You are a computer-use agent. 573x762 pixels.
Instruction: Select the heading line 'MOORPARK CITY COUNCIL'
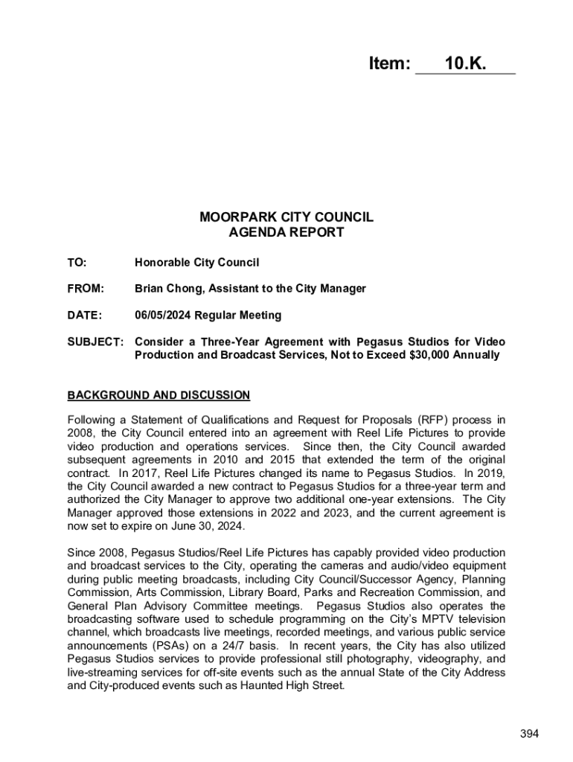click(x=286, y=217)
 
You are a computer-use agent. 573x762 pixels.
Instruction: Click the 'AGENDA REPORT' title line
click(x=286, y=232)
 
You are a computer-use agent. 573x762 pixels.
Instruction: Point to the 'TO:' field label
click(x=77, y=262)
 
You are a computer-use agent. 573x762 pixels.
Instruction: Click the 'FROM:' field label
click(x=86, y=288)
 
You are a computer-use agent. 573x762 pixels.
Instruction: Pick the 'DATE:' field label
click(x=84, y=315)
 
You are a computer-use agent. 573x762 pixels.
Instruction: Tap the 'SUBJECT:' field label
click(x=95, y=342)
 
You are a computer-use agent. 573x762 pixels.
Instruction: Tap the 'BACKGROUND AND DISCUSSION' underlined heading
click(x=159, y=395)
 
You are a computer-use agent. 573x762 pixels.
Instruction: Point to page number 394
click(x=529, y=734)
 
